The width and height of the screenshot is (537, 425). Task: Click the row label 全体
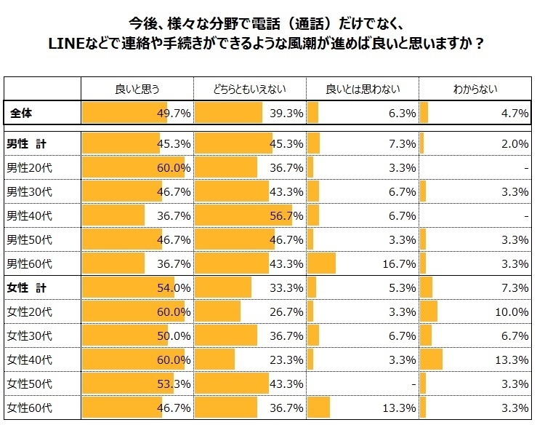[x=22, y=114]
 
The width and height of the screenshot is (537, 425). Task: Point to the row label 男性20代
[x=28, y=168]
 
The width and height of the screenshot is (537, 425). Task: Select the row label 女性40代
[x=28, y=360]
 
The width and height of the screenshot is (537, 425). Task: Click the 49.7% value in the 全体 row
[x=174, y=114]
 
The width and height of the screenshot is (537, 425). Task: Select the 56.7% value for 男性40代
[x=286, y=216]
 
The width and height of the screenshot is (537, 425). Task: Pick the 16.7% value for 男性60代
[x=399, y=263]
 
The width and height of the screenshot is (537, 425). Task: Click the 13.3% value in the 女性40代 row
[x=512, y=360]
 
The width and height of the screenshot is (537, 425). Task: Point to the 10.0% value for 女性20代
[x=512, y=311]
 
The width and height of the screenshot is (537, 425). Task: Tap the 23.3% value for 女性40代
[x=286, y=360]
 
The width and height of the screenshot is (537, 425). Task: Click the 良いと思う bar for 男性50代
[x=121, y=239]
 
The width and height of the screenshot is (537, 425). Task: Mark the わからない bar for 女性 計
[x=426, y=287]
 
